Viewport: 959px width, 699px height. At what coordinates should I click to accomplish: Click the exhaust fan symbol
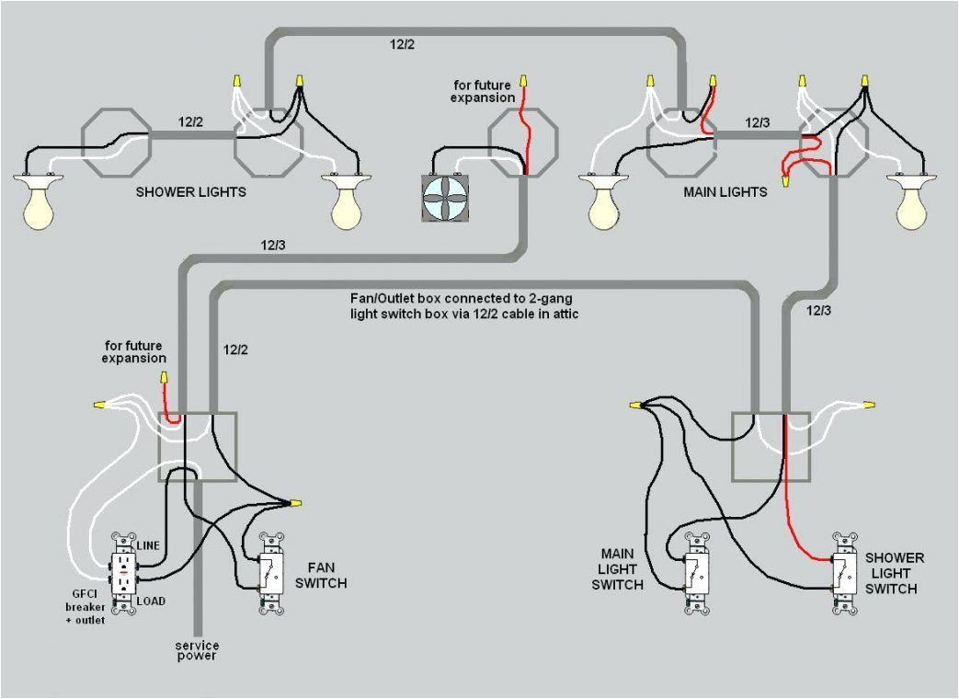(x=445, y=198)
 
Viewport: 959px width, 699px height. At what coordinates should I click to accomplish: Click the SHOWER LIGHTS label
(x=190, y=192)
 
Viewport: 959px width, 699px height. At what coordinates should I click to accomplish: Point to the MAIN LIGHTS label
(x=725, y=192)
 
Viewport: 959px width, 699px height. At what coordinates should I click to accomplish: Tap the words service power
(x=196, y=650)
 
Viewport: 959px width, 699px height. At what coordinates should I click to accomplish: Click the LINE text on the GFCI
(x=148, y=545)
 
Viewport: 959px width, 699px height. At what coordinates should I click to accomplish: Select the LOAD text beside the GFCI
(x=151, y=601)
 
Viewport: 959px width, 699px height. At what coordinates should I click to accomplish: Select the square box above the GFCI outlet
(x=198, y=446)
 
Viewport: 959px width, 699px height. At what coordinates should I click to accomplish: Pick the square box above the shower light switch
(x=771, y=446)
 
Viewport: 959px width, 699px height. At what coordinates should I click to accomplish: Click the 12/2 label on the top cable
(x=403, y=43)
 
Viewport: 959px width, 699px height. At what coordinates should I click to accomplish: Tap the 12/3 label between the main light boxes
(x=758, y=121)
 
